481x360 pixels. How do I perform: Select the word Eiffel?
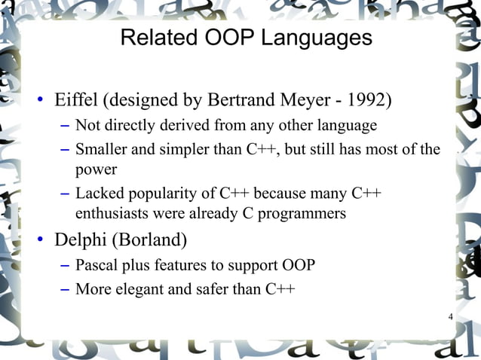click(76, 99)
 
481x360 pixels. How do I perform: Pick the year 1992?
click(369, 99)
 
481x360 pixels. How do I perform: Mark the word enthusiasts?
click(110, 214)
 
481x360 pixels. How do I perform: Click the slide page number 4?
click(450, 316)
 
